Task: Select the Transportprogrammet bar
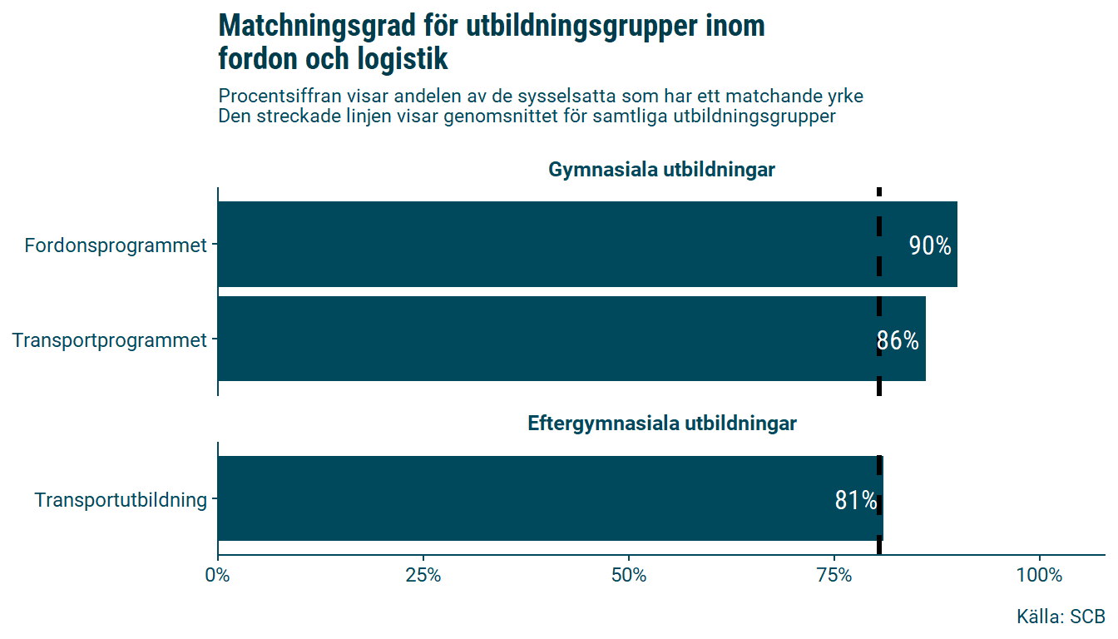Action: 541,339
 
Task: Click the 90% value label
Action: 930,246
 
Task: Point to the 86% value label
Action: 898,341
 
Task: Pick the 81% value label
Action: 856,501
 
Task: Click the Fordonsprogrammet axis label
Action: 116,246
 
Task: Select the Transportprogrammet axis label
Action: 110,340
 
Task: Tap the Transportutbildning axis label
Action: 121,500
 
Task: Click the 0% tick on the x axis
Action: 218,576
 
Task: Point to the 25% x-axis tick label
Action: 423,576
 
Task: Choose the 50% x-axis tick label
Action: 629,576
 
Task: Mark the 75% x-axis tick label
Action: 834,576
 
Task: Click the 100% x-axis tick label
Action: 1040,576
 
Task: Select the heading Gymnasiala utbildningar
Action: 661,171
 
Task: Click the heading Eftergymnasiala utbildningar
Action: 662,424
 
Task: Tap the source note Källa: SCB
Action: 1061,617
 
